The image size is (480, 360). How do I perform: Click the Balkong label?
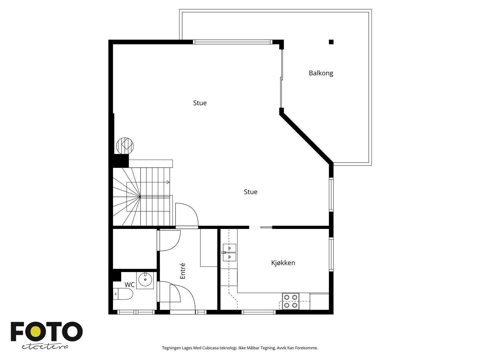[321, 73]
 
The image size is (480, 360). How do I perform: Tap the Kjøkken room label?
[283, 263]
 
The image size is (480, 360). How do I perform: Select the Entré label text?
[183, 271]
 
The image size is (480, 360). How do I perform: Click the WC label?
[130, 284]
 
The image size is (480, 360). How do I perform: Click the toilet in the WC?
[124, 294]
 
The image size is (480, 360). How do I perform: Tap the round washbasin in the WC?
[145, 280]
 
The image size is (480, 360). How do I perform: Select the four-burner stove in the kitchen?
[291, 301]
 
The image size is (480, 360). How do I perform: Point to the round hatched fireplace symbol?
[125, 146]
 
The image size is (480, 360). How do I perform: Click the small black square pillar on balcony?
[331, 42]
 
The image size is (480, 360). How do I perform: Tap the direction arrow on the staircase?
[168, 182]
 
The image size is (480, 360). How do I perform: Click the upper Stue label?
[200, 103]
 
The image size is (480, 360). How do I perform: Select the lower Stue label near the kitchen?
[250, 192]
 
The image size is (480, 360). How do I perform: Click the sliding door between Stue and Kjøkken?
[261, 227]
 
